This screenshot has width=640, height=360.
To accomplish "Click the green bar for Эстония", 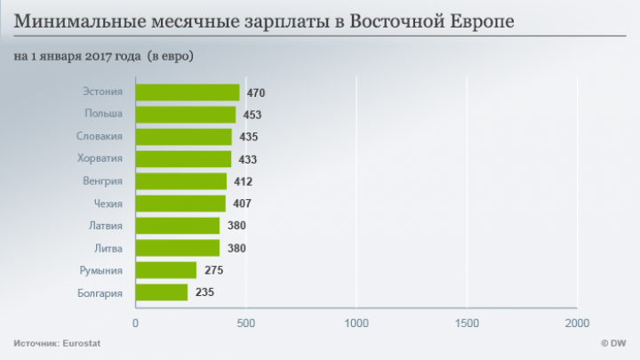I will [188, 92].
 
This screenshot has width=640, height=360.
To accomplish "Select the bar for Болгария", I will [162, 292].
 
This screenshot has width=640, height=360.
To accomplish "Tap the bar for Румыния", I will [166, 270].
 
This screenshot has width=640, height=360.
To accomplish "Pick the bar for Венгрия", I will [181, 181].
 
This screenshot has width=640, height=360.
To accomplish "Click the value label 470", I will [256, 93].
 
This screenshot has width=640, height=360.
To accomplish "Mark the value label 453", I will [252, 116].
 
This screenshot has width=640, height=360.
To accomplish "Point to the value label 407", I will [242, 204].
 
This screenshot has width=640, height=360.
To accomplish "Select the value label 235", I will [204, 292].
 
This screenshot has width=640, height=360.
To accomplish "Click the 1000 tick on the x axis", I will [356, 323].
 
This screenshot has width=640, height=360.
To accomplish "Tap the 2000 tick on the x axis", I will [577, 323].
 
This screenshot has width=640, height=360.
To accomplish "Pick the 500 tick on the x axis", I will [246, 323].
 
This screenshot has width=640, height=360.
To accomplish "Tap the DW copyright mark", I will [613, 343].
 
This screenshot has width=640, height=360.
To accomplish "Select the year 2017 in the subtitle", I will [99, 56].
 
